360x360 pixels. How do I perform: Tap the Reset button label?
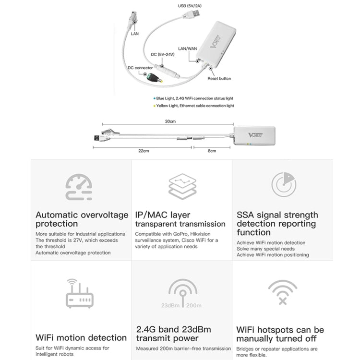pyautogui.click(x=219, y=78)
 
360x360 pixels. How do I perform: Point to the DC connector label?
pyautogui.click(x=140, y=68)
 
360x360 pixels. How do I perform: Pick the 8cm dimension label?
pyautogui.click(x=212, y=151)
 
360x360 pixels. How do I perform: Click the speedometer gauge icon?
pyautogui.click(x=79, y=188)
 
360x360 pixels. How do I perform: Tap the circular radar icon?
pyautogui.click(x=284, y=185)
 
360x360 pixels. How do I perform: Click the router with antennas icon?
pyautogui.click(x=79, y=293)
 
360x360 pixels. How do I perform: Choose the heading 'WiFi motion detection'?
pyautogui.click(x=81, y=337)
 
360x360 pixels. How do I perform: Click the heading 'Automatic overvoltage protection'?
pyautogui.click(x=82, y=219)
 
